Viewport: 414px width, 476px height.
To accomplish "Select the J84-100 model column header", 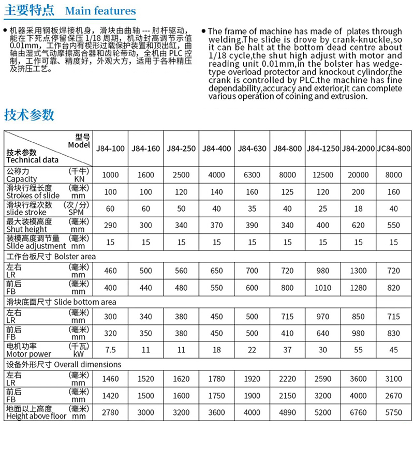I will (110, 148).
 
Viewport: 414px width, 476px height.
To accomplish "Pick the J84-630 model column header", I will (252, 148).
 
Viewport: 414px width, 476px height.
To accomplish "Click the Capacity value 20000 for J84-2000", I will (358, 175).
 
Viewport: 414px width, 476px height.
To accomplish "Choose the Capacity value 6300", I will (252, 175).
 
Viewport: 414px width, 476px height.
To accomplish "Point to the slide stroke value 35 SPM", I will (252, 209).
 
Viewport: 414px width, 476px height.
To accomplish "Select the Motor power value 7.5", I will (110, 350).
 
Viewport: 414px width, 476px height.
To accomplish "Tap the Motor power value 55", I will (358, 350).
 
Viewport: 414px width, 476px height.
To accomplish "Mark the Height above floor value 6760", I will (358, 412).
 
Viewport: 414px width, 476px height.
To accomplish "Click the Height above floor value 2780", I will (110, 412).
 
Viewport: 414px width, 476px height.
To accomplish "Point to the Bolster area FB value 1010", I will (323, 288).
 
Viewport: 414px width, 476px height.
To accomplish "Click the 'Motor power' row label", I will (28, 354).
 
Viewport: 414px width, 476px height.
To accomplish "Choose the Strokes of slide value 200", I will (358, 191).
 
